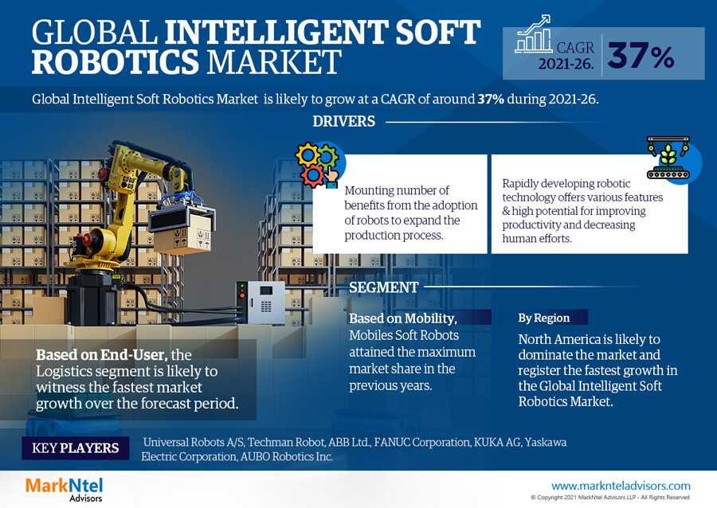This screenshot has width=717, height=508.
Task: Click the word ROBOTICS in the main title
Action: [116, 62]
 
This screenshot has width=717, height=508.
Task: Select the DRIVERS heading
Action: [344, 122]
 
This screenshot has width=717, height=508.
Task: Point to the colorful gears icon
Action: [318, 166]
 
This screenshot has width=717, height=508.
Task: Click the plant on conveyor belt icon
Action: [668, 157]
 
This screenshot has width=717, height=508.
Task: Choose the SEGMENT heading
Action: [384, 287]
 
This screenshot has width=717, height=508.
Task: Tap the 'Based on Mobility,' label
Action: [403, 318]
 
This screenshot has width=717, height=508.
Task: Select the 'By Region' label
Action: [543, 318]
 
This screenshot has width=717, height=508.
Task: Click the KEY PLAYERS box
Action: [76, 447]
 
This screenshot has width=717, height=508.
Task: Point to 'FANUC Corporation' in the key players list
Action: [422, 442]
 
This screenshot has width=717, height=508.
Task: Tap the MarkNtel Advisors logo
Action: [65, 489]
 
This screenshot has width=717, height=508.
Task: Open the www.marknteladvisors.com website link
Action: [621, 486]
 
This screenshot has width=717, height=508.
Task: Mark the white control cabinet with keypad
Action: [261, 302]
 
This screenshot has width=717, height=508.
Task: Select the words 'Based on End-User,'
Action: [101, 355]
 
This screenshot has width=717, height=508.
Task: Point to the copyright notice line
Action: [610, 498]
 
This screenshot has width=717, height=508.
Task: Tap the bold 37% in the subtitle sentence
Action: [491, 100]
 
